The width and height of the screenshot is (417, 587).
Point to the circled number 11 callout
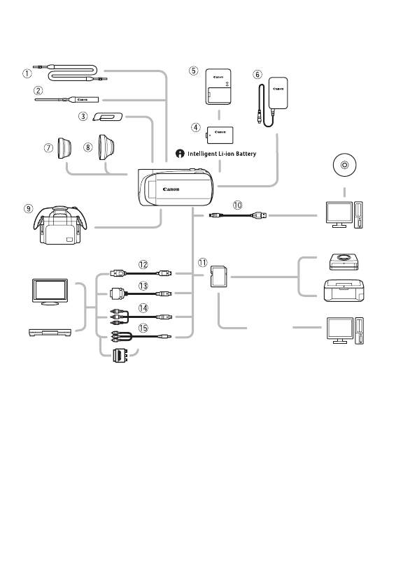(203, 263)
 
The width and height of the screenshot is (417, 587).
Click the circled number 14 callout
(144, 307)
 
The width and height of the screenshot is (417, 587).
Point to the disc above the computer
(342, 168)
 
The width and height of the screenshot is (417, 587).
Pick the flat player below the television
(48, 332)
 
